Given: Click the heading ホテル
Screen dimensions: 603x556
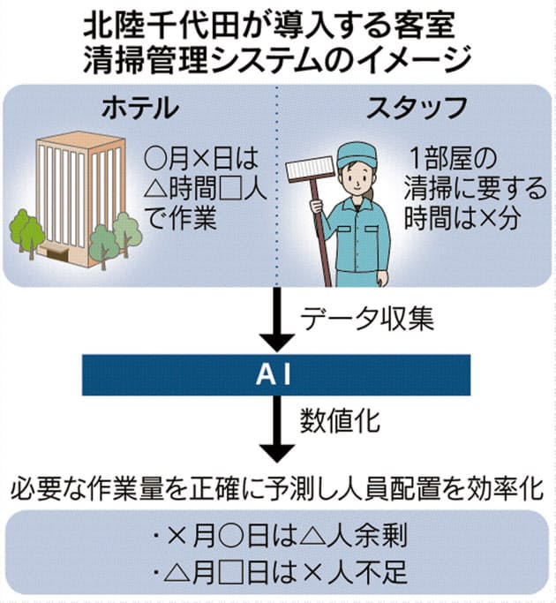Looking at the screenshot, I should click(140, 109).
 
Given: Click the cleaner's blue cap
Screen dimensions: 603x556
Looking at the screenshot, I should click(356, 151).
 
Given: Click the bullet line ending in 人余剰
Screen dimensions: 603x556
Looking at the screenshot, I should click(279, 535).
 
